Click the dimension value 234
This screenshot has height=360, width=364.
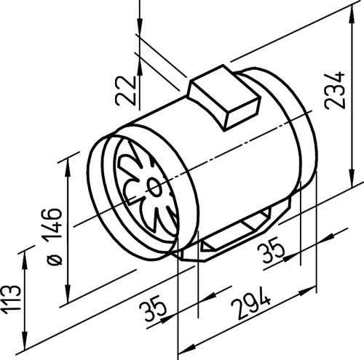(335, 90)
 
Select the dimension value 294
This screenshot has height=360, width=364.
(250, 303)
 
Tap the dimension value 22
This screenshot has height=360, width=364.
(126, 91)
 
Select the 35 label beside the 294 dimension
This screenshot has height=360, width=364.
(153, 308)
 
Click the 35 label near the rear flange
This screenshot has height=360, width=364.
(271, 249)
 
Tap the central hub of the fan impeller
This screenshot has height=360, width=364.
(154, 188)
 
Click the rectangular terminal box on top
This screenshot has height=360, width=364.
(223, 97)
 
